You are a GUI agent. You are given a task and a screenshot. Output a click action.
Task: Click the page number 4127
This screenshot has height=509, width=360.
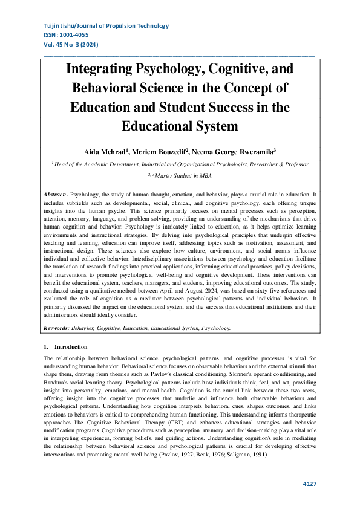310,484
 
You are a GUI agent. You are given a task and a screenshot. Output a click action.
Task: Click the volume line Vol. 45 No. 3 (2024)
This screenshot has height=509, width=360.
71,45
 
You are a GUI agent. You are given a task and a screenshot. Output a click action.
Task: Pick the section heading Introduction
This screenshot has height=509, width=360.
71,347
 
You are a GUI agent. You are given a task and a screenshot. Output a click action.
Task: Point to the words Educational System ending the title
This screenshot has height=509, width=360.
180,126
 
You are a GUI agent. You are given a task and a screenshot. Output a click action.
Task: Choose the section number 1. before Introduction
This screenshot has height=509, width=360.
46,347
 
